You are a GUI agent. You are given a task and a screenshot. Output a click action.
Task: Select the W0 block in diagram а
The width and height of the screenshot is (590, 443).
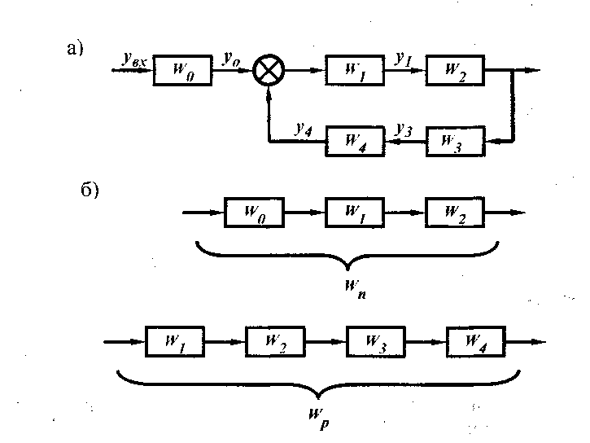pyautogui.click(x=182, y=71)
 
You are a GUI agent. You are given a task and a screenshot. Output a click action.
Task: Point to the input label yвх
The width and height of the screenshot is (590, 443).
pyautogui.click(x=135, y=59)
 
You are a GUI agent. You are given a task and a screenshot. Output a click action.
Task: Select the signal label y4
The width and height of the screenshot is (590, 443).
pyautogui.click(x=304, y=128)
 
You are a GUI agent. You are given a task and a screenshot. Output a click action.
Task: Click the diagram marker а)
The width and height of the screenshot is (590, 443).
pyautogui.click(x=76, y=49)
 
